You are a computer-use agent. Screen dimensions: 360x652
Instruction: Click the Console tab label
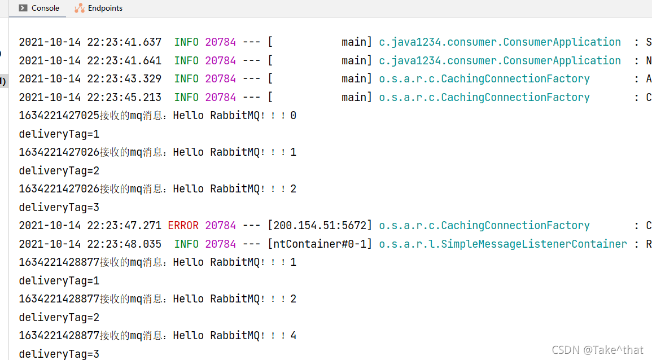click(x=45, y=8)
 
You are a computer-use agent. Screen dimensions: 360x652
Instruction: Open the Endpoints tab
click(x=105, y=8)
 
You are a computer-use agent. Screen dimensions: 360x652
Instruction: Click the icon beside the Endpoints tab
click(x=80, y=8)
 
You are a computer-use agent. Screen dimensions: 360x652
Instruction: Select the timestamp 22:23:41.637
click(x=124, y=42)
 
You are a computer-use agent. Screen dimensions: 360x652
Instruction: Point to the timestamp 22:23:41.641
click(x=124, y=60)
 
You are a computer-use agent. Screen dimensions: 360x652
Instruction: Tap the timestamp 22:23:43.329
click(x=124, y=79)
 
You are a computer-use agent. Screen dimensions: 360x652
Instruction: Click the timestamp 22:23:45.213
click(x=124, y=97)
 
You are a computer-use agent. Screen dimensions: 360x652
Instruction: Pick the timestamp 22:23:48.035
click(x=124, y=244)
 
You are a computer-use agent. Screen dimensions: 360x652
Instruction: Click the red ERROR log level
click(x=183, y=226)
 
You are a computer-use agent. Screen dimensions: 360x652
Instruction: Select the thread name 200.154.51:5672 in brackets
click(x=320, y=226)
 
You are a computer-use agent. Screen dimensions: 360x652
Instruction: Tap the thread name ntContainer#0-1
click(x=320, y=244)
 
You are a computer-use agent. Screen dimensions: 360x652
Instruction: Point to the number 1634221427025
click(x=59, y=116)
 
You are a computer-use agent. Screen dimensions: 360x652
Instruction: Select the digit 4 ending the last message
click(x=293, y=336)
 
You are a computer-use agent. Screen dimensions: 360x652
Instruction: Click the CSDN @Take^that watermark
click(x=598, y=350)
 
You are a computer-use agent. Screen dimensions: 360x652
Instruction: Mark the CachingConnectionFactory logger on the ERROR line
click(x=515, y=226)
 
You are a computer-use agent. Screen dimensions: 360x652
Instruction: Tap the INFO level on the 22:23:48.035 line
click(x=186, y=244)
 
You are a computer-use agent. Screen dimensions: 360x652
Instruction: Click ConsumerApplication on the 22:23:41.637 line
click(x=562, y=42)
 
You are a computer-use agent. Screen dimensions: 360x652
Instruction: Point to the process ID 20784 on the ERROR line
click(x=220, y=226)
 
